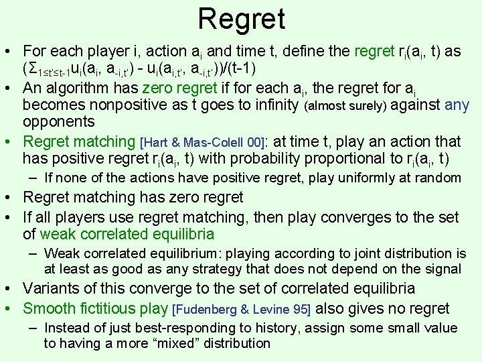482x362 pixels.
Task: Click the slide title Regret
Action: tap(241, 19)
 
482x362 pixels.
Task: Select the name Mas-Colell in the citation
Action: tap(211, 142)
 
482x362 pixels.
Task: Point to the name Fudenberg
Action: tap(208, 310)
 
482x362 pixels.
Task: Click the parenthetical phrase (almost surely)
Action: tap(345, 106)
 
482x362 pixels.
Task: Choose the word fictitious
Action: tap(110, 308)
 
